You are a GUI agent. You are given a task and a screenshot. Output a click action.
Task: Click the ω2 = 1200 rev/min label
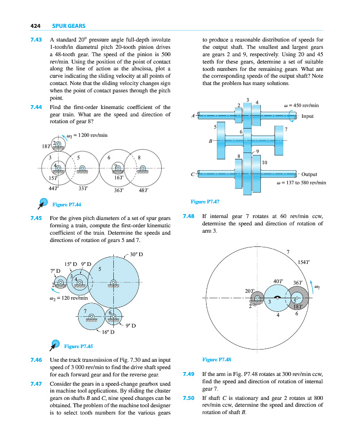point(87,135)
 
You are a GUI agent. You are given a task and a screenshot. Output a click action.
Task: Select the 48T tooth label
point(145,190)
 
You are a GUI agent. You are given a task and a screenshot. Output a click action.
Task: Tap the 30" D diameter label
point(135,254)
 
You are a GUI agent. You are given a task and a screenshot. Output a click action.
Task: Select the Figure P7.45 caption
point(79,347)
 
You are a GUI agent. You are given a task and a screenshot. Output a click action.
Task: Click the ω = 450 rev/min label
point(301,105)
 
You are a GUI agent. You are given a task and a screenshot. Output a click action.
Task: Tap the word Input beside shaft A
point(307,116)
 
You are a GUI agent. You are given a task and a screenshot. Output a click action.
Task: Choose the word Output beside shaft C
point(309,174)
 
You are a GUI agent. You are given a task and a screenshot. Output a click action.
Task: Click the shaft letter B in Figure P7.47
point(210,141)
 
